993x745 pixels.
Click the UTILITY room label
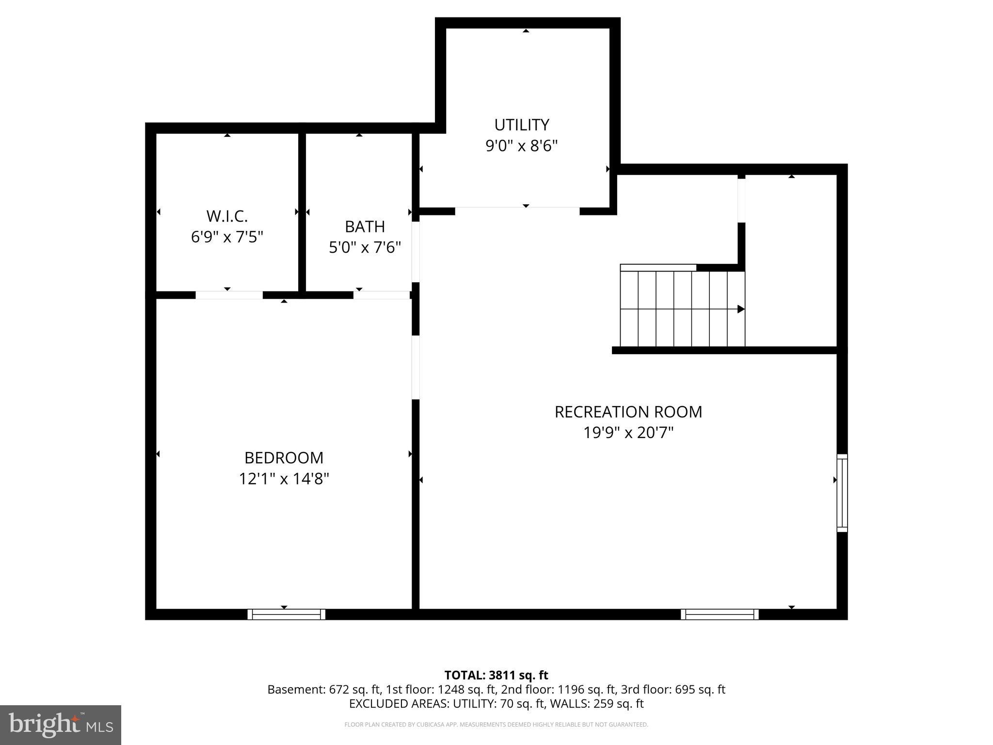point(521,125)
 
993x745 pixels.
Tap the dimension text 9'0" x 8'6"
point(521,146)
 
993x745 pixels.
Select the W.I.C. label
point(227,216)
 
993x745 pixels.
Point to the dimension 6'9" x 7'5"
point(227,237)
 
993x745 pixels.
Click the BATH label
point(365,227)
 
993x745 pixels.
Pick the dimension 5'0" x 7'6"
point(365,248)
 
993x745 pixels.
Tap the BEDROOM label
point(284,458)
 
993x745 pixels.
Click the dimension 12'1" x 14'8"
point(284,479)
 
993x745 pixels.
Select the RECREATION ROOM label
point(628,412)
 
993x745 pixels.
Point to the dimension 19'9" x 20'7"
point(628,433)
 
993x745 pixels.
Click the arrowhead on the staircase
point(740,309)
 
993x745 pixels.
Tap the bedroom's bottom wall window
point(287,615)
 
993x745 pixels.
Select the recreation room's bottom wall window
point(720,615)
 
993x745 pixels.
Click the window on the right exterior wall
point(842,493)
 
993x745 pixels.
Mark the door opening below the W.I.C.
point(229,295)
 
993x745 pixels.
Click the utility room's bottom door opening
point(517,211)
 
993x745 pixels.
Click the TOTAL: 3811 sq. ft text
point(496,675)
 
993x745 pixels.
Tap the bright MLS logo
point(60,725)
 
